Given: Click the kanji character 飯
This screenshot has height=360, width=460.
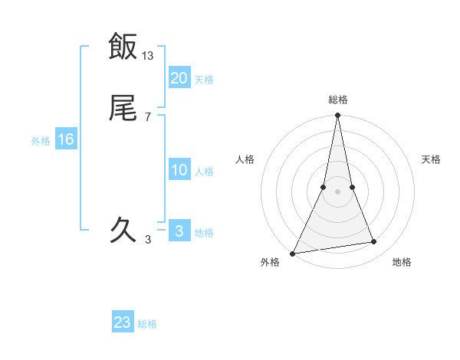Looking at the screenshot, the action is click(x=123, y=46).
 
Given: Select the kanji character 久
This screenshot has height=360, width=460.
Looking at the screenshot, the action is click(x=123, y=229).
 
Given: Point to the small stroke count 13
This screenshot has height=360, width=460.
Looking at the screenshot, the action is click(x=148, y=56).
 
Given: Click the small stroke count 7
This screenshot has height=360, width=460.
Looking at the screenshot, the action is click(x=148, y=116).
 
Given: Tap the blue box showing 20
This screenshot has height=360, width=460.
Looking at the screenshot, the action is click(x=179, y=78).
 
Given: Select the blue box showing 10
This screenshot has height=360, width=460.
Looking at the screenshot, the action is click(x=179, y=170).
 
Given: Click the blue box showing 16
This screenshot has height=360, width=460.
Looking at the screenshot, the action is click(x=66, y=139).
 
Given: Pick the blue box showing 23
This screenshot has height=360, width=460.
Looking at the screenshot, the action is click(x=123, y=322).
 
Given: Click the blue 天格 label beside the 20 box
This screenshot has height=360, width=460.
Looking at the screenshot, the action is click(x=204, y=80).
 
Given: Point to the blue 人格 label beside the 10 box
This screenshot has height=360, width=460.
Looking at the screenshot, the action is click(x=204, y=172).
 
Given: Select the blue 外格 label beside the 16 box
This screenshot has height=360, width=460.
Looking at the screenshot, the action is click(x=41, y=141).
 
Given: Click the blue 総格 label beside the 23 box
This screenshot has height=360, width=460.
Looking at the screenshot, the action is click(x=147, y=324).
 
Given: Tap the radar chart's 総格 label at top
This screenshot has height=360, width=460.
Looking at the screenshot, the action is click(x=338, y=100).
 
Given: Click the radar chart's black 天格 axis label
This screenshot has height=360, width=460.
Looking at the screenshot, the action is click(x=432, y=159).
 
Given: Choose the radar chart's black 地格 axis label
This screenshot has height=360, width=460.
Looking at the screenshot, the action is click(x=402, y=263).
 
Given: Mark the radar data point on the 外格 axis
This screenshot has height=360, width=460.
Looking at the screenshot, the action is click(x=293, y=253).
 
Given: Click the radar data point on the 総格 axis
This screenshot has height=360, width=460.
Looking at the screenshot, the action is click(x=338, y=116).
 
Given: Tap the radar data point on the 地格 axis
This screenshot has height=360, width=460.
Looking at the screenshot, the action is click(x=374, y=242).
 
